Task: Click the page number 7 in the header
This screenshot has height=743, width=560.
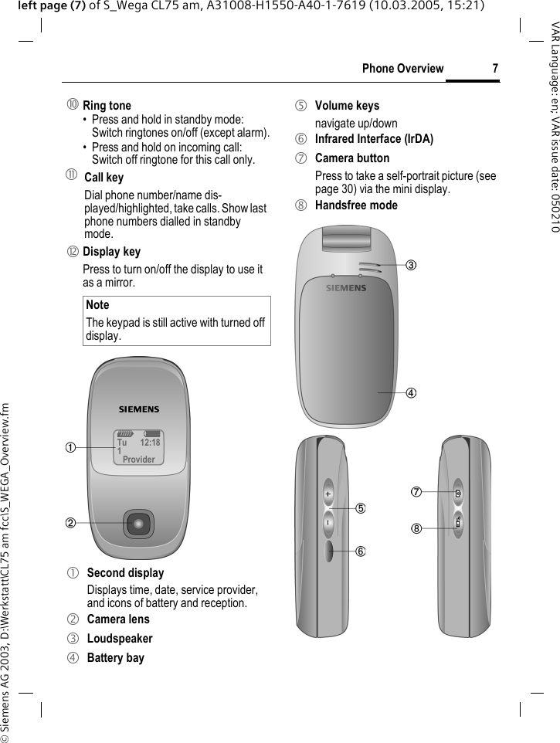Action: (x=494, y=69)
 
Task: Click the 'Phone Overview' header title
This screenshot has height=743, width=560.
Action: (x=402, y=69)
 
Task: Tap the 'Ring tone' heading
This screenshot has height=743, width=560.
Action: (x=107, y=106)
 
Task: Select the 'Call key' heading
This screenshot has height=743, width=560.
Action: (x=104, y=178)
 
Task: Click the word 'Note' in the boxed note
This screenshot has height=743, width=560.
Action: (x=97, y=305)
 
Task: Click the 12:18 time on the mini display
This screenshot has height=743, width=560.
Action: (x=150, y=443)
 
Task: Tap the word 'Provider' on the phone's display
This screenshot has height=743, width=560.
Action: (x=138, y=459)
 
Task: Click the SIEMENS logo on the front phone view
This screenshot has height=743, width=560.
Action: (x=138, y=409)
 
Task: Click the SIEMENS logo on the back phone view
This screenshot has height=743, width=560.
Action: (x=345, y=288)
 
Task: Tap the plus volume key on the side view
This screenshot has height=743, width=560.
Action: (x=328, y=494)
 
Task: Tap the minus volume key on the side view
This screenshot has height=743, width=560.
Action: (x=328, y=522)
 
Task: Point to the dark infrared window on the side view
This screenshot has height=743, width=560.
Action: (x=328, y=550)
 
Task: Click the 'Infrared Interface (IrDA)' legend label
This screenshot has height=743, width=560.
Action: (x=374, y=140)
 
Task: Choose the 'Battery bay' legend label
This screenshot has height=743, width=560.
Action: (x=115, y=658)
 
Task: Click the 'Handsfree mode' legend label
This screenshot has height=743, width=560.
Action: (x=356, y=205)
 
